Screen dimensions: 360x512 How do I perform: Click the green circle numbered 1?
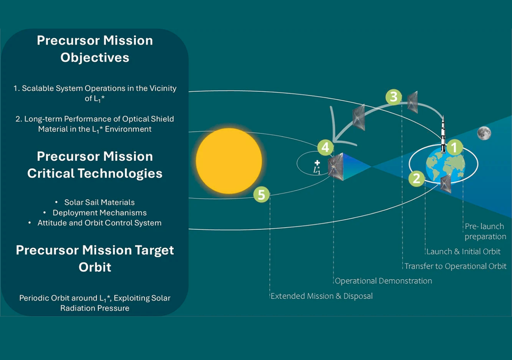pos(454,147)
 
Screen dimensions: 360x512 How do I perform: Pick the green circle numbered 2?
pos(416,179)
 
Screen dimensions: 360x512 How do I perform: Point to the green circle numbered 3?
pos(393,97)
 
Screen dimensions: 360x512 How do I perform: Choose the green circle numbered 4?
pos(325,147)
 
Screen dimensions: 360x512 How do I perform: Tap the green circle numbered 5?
pos(261,195)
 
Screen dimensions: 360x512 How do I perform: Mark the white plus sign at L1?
pos(317,162)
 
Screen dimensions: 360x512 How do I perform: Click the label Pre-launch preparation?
pos(485,232)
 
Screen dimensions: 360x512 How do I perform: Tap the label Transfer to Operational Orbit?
pos(455,266)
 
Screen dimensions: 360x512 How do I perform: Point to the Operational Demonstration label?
pos(383,281)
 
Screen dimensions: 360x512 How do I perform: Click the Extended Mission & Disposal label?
pos(321,296)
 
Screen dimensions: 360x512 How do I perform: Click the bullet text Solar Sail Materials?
pos(99,202)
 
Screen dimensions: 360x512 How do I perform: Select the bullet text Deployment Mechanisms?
pos(99,212)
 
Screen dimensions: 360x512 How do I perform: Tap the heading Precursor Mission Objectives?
pos(95,49)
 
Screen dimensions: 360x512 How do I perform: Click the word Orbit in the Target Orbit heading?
pos(95,267)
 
